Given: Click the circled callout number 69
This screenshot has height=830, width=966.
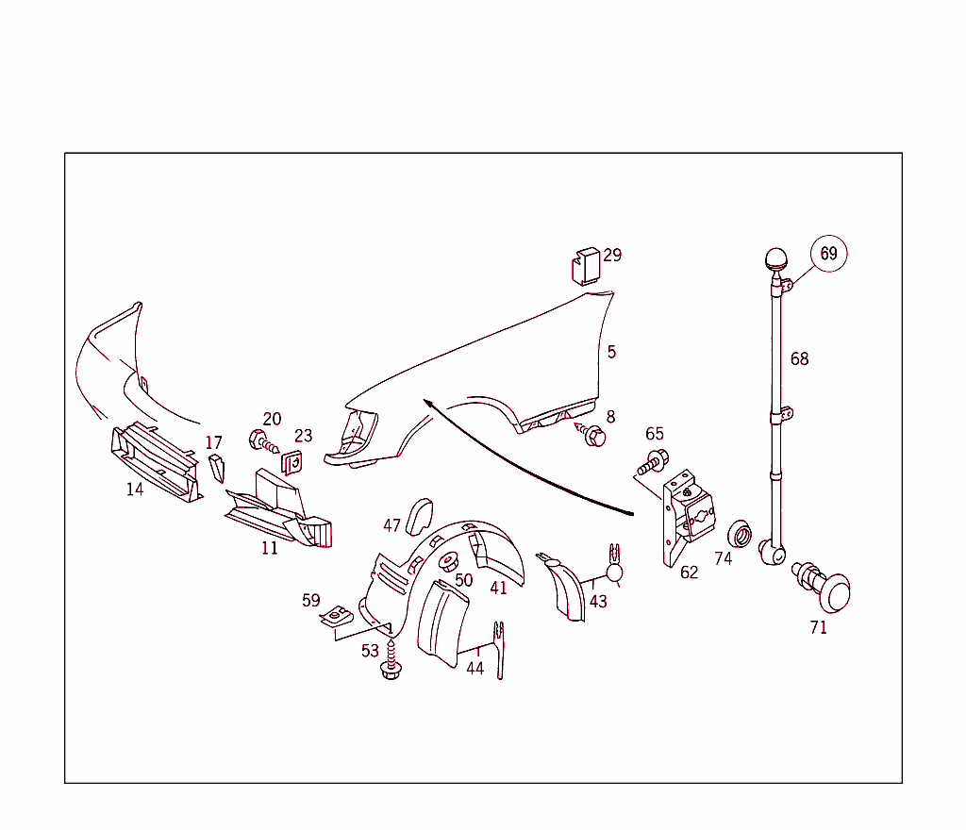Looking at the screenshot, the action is [828, 253].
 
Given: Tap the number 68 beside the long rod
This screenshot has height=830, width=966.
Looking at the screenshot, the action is [799, 358].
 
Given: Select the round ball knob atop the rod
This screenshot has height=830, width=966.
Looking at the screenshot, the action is [775, 258].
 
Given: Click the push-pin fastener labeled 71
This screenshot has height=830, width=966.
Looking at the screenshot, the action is [823, 586].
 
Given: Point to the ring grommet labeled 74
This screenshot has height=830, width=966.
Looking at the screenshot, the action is [740, 534].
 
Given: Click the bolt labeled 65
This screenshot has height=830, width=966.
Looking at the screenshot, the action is [653, 462].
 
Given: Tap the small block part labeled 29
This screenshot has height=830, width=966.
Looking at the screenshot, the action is [585, 267].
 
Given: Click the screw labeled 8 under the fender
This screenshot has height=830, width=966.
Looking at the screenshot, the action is [591, 434].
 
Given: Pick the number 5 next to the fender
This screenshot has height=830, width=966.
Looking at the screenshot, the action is [611, 352].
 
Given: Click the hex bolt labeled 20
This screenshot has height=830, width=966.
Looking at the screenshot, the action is [263, 440].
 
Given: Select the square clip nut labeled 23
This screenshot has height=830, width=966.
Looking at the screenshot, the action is [292, 462].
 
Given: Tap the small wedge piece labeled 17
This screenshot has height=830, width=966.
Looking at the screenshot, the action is [216, 468].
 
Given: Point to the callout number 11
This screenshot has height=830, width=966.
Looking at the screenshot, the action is [269, 548].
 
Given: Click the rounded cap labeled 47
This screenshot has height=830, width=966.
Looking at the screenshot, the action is [420, 517].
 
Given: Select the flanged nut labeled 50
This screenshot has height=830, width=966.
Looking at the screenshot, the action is [449, 561].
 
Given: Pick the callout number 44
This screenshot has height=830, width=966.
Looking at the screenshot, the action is [475, 668].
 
